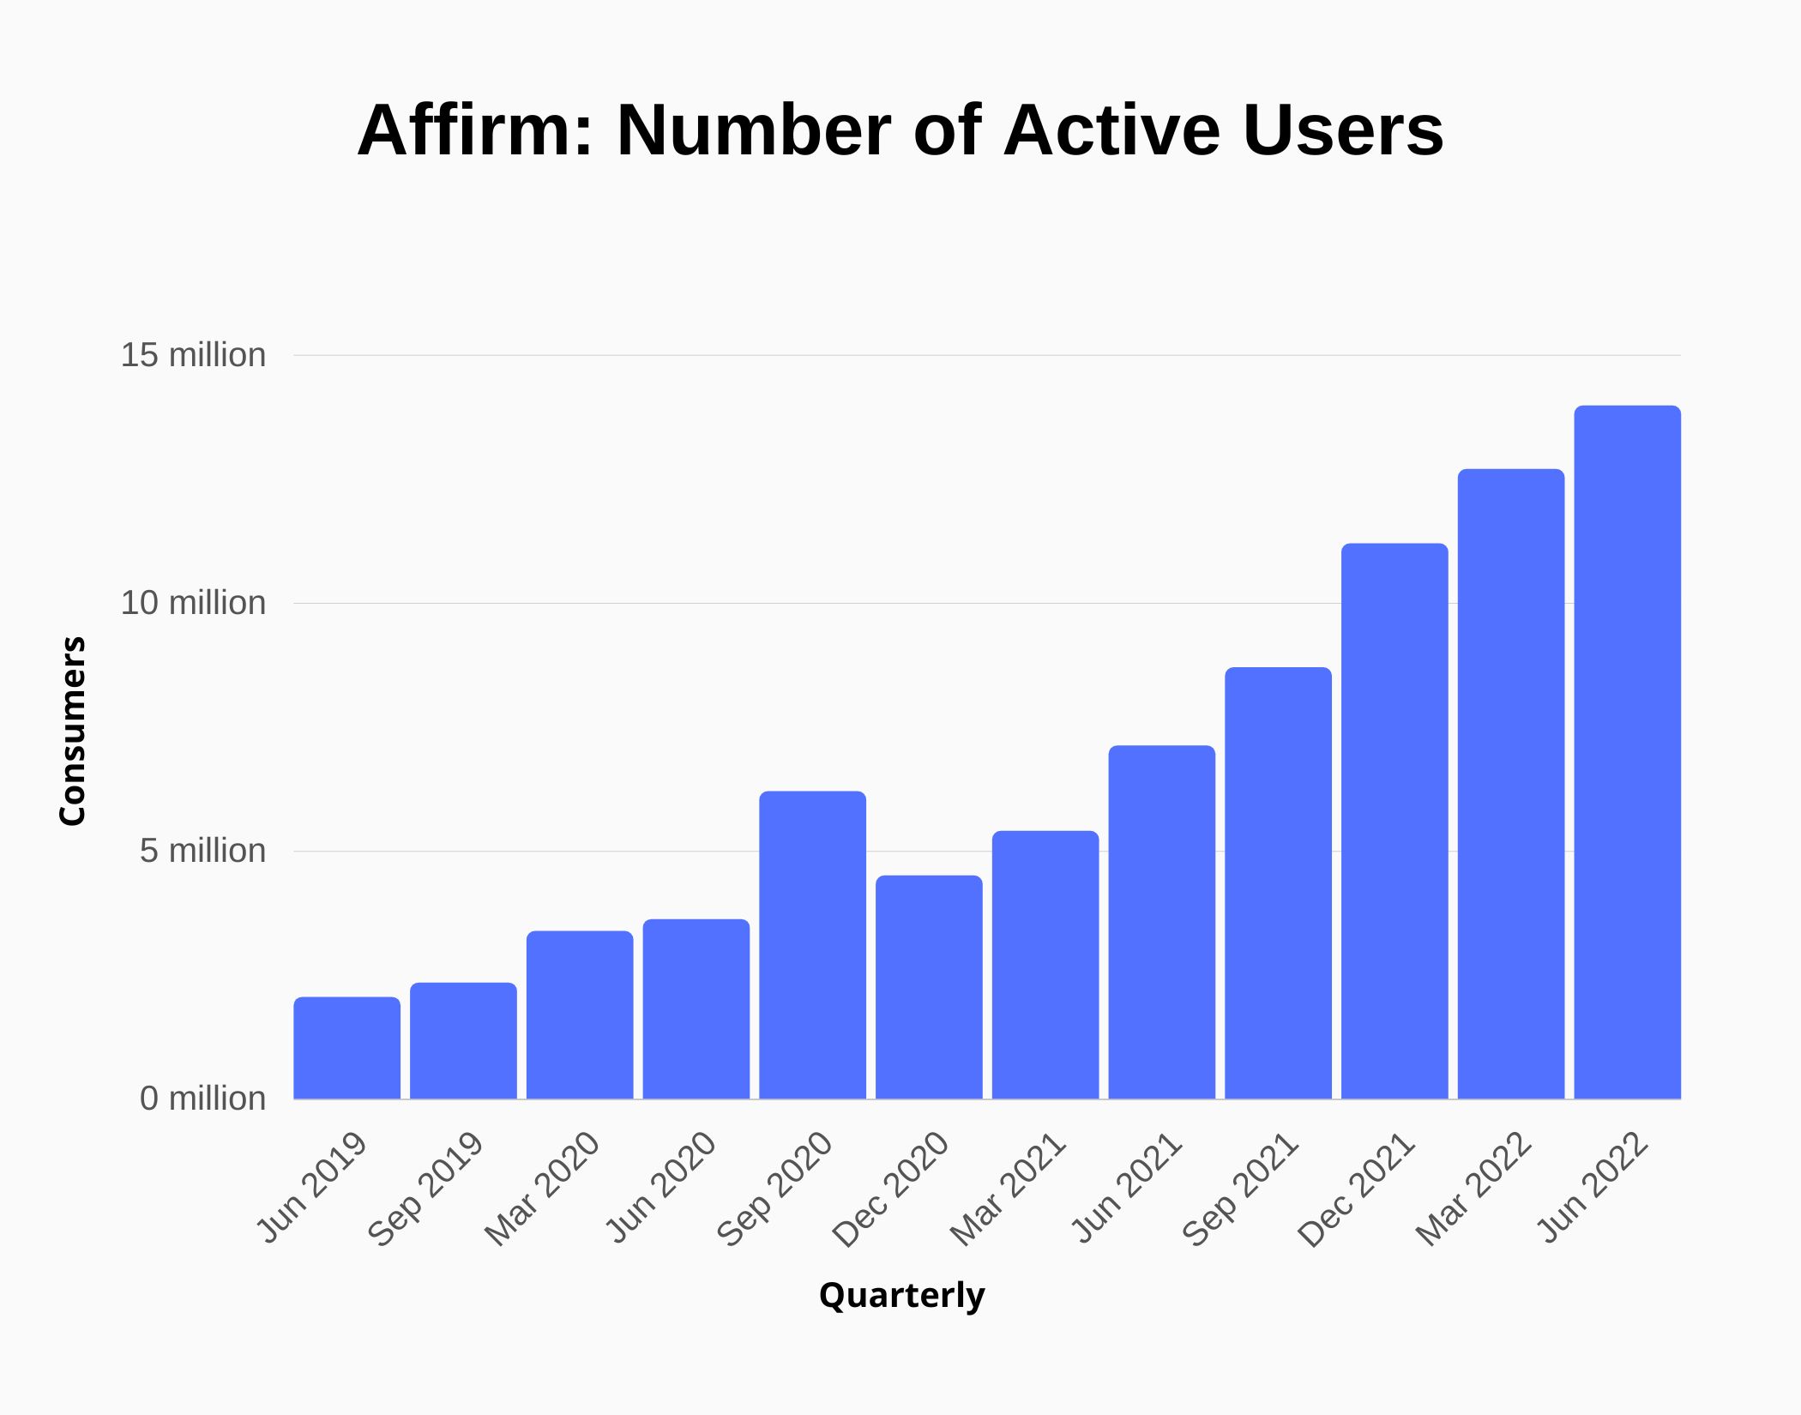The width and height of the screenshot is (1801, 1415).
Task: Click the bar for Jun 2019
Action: point(346,1047)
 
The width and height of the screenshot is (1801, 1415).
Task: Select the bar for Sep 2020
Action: point(812,944)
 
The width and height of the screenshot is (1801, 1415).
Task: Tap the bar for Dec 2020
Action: point(929,986)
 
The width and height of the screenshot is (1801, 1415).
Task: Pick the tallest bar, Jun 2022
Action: point(1627,752)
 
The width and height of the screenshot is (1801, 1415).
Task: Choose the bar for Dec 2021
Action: point(1394,821)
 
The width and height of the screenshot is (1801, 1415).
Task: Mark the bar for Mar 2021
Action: point(1045,964)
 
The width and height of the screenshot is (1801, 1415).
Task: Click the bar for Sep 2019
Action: point(463,1040)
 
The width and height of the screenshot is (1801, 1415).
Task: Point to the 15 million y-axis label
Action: point(193,355)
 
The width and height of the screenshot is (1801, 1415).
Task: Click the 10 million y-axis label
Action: point(193,603)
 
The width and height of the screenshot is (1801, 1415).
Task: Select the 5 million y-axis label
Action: point(202,851)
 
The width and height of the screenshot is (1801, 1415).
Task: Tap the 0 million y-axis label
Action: point(202,1099)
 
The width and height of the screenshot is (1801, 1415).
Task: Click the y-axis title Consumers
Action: point(73,732)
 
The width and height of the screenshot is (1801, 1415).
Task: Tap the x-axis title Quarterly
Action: point(901,1295)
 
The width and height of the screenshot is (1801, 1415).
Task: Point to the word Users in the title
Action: point(1343,130)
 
